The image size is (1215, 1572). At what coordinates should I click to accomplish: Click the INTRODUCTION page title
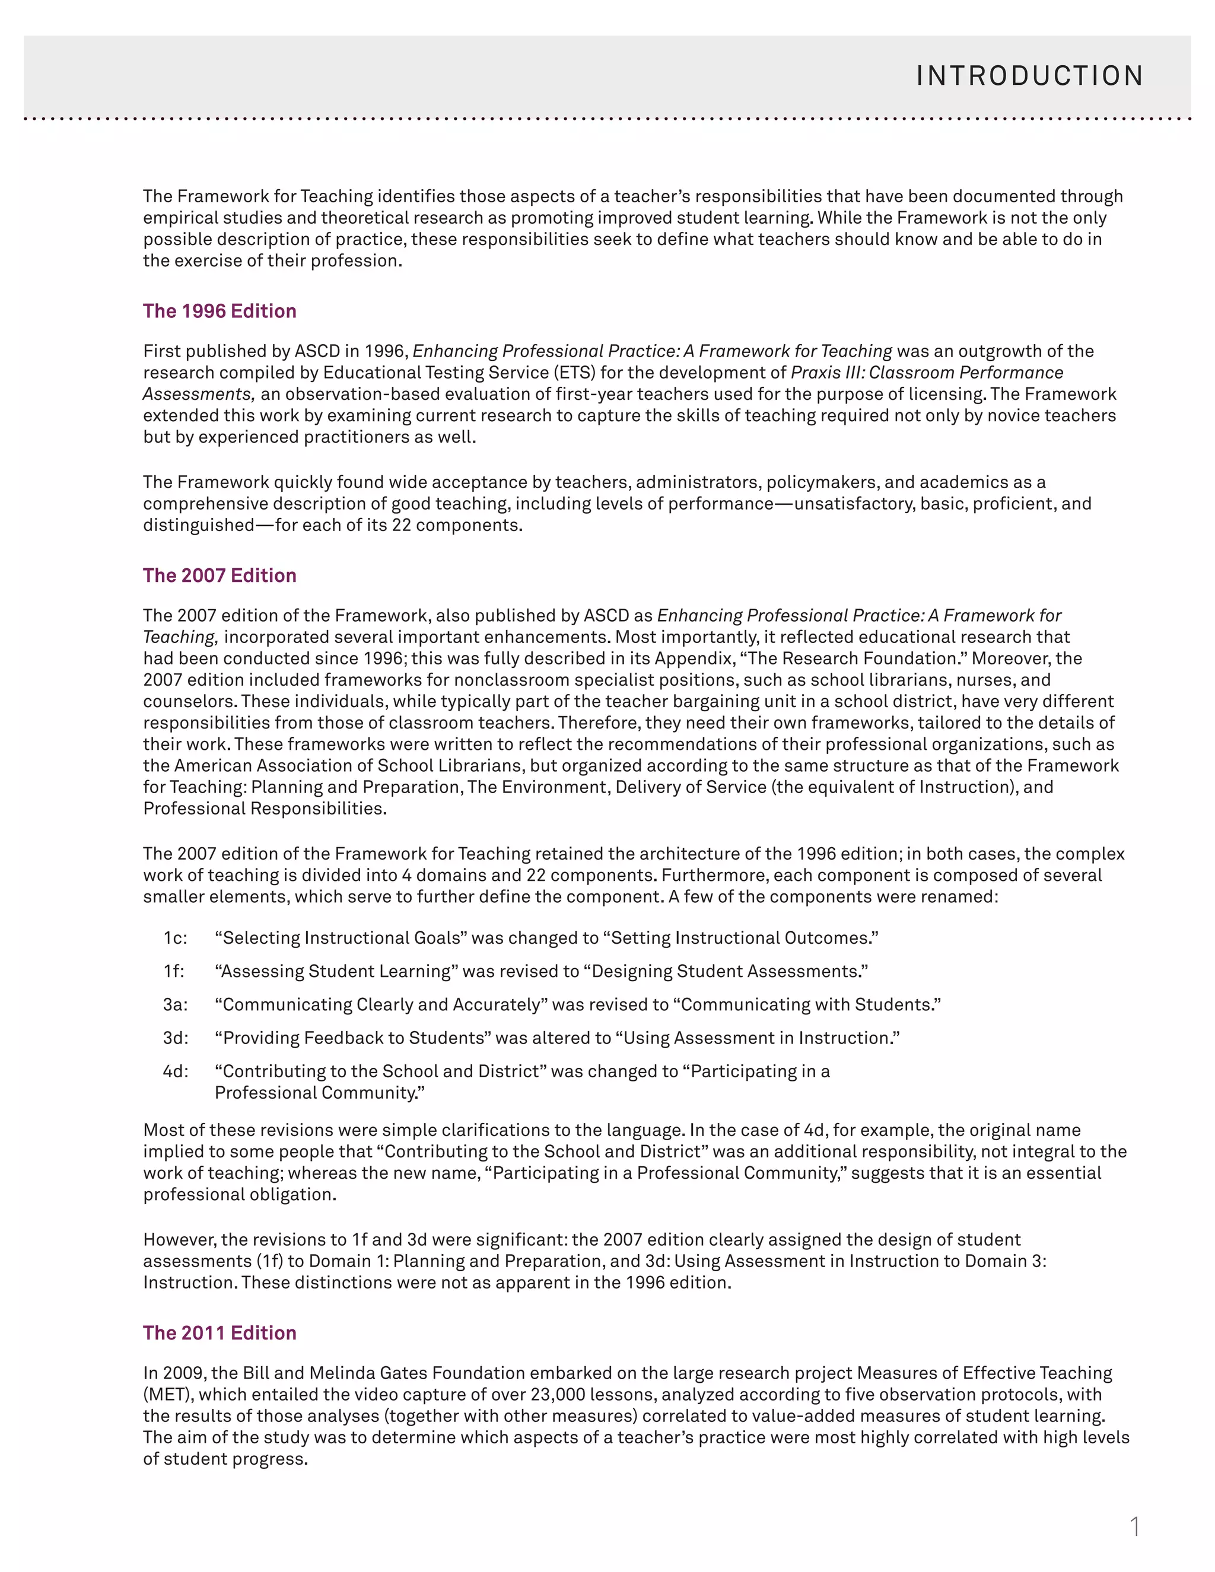(x=1029, y=77)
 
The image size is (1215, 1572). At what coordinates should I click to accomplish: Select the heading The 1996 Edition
(x=220, y=311)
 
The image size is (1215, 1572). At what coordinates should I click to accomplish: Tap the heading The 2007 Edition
(x=220, y=575)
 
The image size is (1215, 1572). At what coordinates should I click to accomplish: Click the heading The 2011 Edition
(x=220, y=1332)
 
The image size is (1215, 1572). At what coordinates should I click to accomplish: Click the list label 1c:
(x=175, y=938)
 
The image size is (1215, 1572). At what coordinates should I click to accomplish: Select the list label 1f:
(x=173, y=971)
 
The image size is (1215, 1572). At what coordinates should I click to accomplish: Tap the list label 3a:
(x=175, y=1004)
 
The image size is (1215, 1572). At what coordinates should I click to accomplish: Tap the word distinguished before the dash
(x=199, y=525)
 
